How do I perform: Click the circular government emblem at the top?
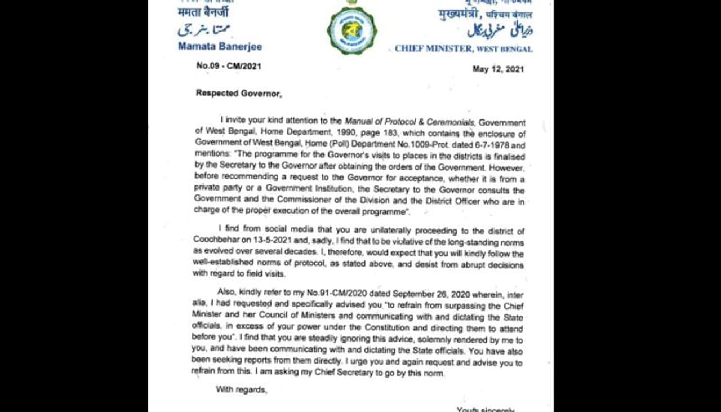[x=352, y=30]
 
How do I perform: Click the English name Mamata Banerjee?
[x=220, y=47]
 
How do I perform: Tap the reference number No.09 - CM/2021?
[x=229, y=66]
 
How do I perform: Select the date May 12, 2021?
[x=498, y=69]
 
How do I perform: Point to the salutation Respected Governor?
[x=238, y=94]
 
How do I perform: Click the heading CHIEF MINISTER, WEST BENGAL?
[x=463, y=49]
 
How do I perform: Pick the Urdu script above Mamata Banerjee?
[x=204, y=30]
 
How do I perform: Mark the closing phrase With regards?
[x=242, y=389]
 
